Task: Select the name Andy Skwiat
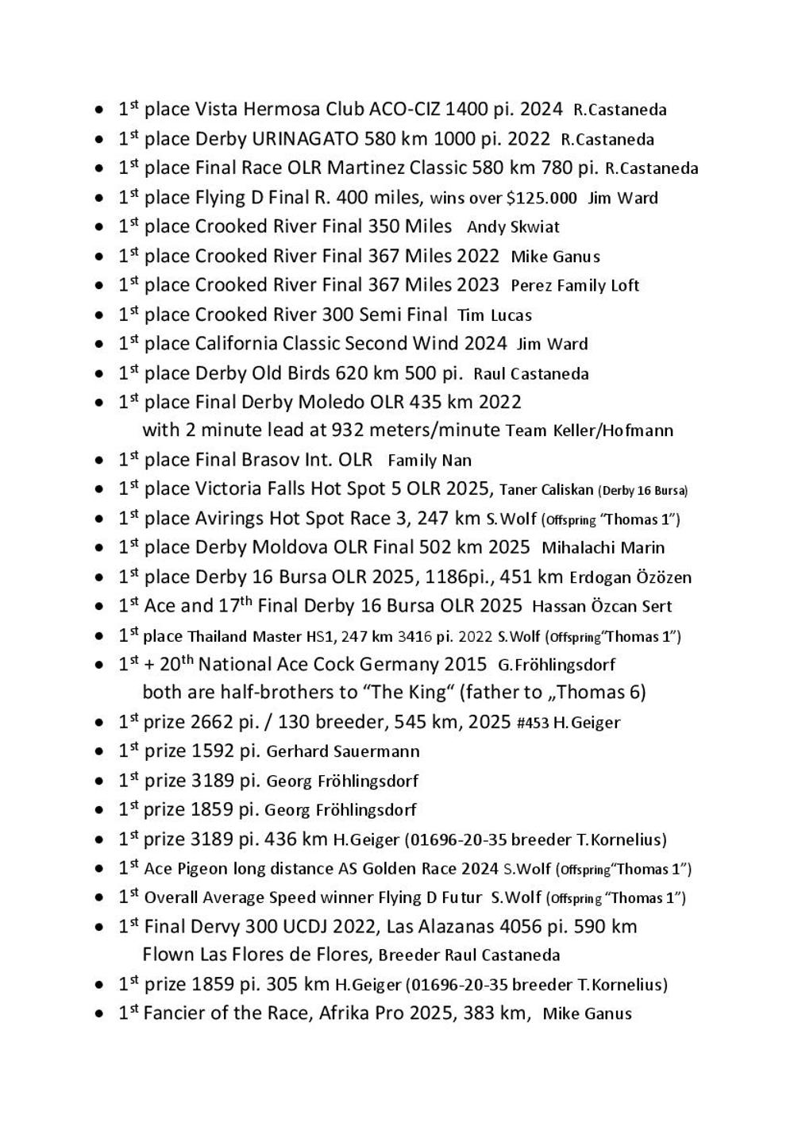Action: tap(513, 227)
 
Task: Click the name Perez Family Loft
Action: tap(575, 286)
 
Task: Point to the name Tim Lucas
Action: tap(495, 315)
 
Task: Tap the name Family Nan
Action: tap(430, 461)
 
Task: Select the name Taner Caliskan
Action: tap(546, 490)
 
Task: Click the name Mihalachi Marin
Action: tap(603, 548)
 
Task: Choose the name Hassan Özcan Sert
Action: tap(602, 607)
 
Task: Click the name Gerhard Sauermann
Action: tap(343, 751)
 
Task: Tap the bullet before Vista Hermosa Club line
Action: tap(98, 110)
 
